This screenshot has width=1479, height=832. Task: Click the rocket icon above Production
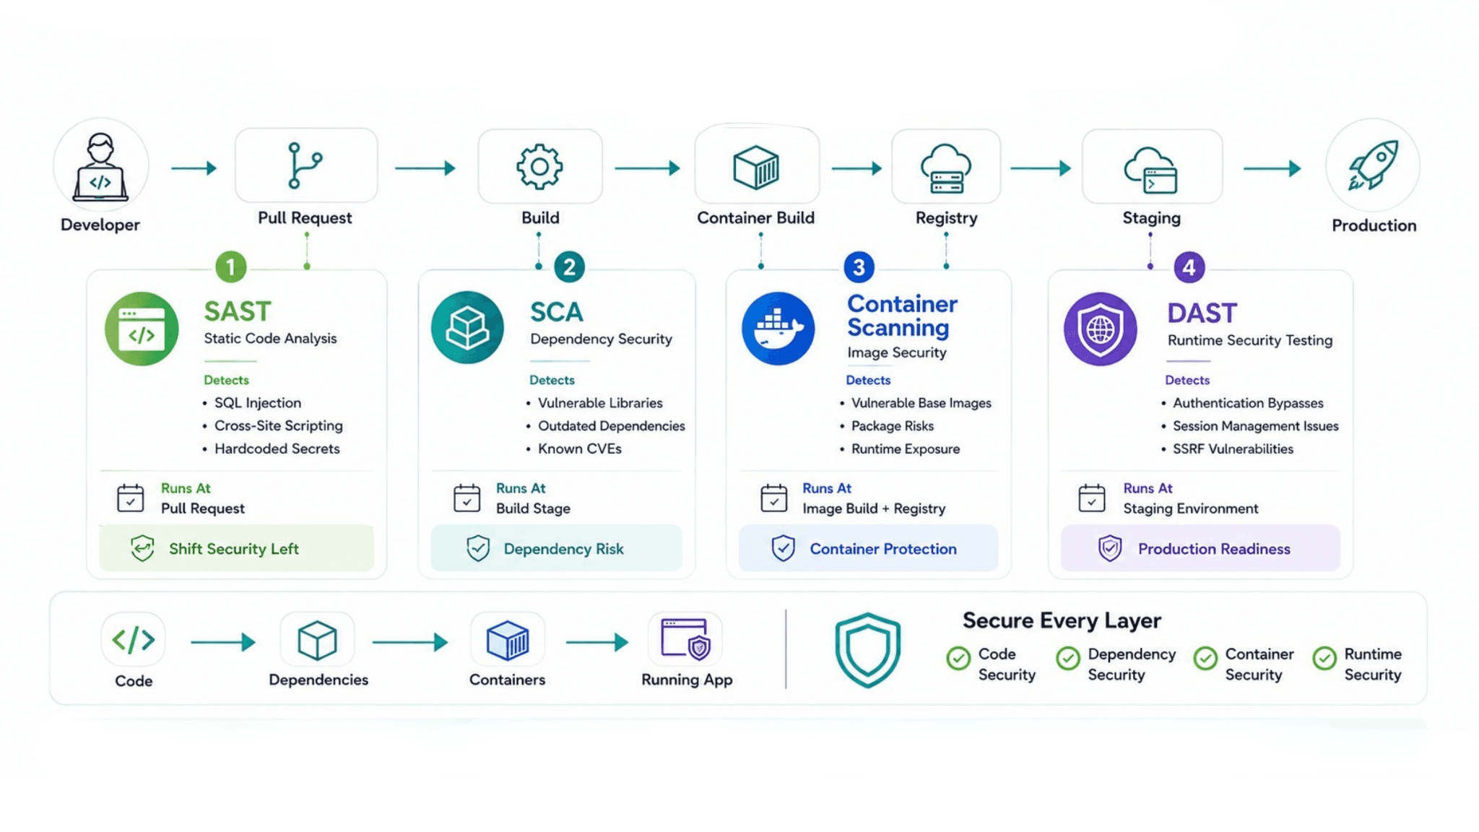[x=1372, y=165]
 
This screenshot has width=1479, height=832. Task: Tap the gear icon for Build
[x=539, y=167]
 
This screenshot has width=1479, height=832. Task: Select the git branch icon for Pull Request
[x=304, y=165]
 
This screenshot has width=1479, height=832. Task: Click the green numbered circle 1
[x=231, y=267]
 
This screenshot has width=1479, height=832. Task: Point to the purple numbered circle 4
[x=1189, y=267]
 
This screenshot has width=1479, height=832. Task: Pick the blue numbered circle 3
[x=859, y=267]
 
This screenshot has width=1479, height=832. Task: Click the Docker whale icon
[x=778, y=329]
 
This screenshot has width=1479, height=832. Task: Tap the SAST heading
[x=237, y=311]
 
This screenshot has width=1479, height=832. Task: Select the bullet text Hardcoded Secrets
[x=277, y=448]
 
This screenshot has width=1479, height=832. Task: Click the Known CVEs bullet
[x=579, y=448]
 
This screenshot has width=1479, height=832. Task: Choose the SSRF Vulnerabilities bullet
[x=1233, y=448]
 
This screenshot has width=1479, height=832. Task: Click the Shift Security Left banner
[x=236, y=548]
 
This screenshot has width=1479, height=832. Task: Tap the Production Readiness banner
[x=1200, y=548]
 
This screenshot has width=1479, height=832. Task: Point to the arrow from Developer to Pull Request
[x=194, y=168]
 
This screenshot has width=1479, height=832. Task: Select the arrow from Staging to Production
[x=1272, y=168]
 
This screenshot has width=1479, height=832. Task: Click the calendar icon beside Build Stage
[x=467, y=498]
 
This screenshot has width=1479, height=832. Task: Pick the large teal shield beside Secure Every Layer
[x=867, y=649]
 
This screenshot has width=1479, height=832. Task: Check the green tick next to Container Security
[x=1205, y=659]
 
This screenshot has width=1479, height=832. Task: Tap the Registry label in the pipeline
[x=946, y=217]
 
